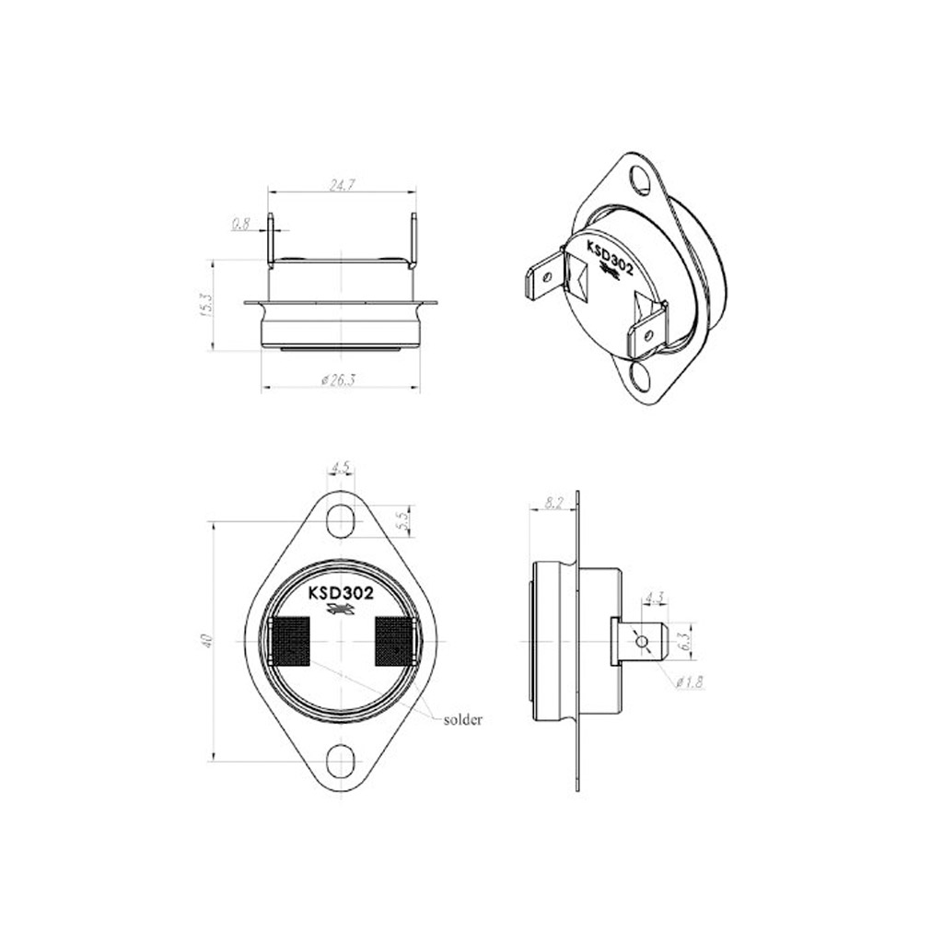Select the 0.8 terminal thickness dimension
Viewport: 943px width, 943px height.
[x=240, y=225]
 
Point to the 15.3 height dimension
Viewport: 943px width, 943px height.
[x=206, y=305]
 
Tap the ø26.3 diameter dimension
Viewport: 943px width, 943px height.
[x=339, y=380]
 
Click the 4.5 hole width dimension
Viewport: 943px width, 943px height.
[x=341, y=467]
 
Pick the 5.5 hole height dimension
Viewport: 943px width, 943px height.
[x=404, y=518]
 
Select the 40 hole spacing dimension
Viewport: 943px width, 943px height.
[x=206, y=641]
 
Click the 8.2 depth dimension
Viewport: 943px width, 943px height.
[x=553, y=503]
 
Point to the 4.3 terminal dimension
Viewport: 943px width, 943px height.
[x=654, y=598]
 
